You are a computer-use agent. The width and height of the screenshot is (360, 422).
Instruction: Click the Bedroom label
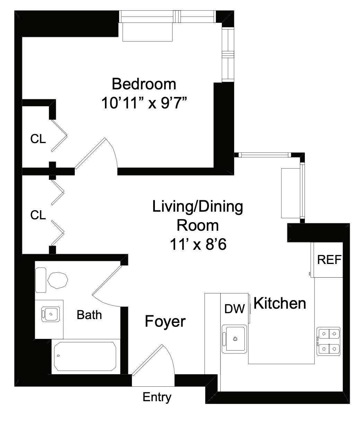tap(144, 84)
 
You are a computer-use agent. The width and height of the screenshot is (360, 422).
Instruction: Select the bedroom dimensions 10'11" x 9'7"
tap(147, 103)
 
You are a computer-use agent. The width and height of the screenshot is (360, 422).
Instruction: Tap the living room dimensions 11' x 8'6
tap(198, 245)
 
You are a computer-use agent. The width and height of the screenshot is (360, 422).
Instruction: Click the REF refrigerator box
tap(329, 260)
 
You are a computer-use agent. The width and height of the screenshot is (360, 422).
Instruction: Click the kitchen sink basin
tap(235, 339)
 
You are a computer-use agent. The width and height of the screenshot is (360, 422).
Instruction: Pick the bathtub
tap(85, 357)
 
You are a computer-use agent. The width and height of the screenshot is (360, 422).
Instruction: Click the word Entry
tap(157, 397)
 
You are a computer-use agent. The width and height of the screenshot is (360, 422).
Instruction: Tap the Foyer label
tap(165, 322)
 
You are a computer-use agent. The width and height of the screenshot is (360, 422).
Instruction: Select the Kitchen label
tap(280, 304)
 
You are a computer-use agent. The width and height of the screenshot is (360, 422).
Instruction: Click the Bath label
tap(89, 315)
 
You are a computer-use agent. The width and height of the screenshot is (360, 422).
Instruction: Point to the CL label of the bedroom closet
tap(38, 139)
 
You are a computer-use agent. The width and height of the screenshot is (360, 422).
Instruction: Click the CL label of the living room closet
tap(38, 215)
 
